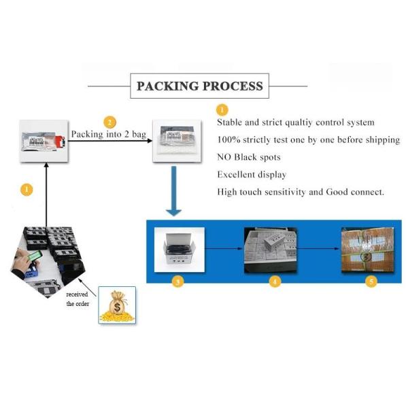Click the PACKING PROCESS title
(x=199, y=86)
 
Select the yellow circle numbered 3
(x=177, y=281)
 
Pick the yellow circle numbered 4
(x=275, y=281)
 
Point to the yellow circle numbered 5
(x=371, y=281)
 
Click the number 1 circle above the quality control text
(x=222, y=109)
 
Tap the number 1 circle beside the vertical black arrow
(x=27, y=190)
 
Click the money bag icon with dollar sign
(x=117, y=304)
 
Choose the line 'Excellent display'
(x=252, y=175)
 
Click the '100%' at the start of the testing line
(x=230, y=139)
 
